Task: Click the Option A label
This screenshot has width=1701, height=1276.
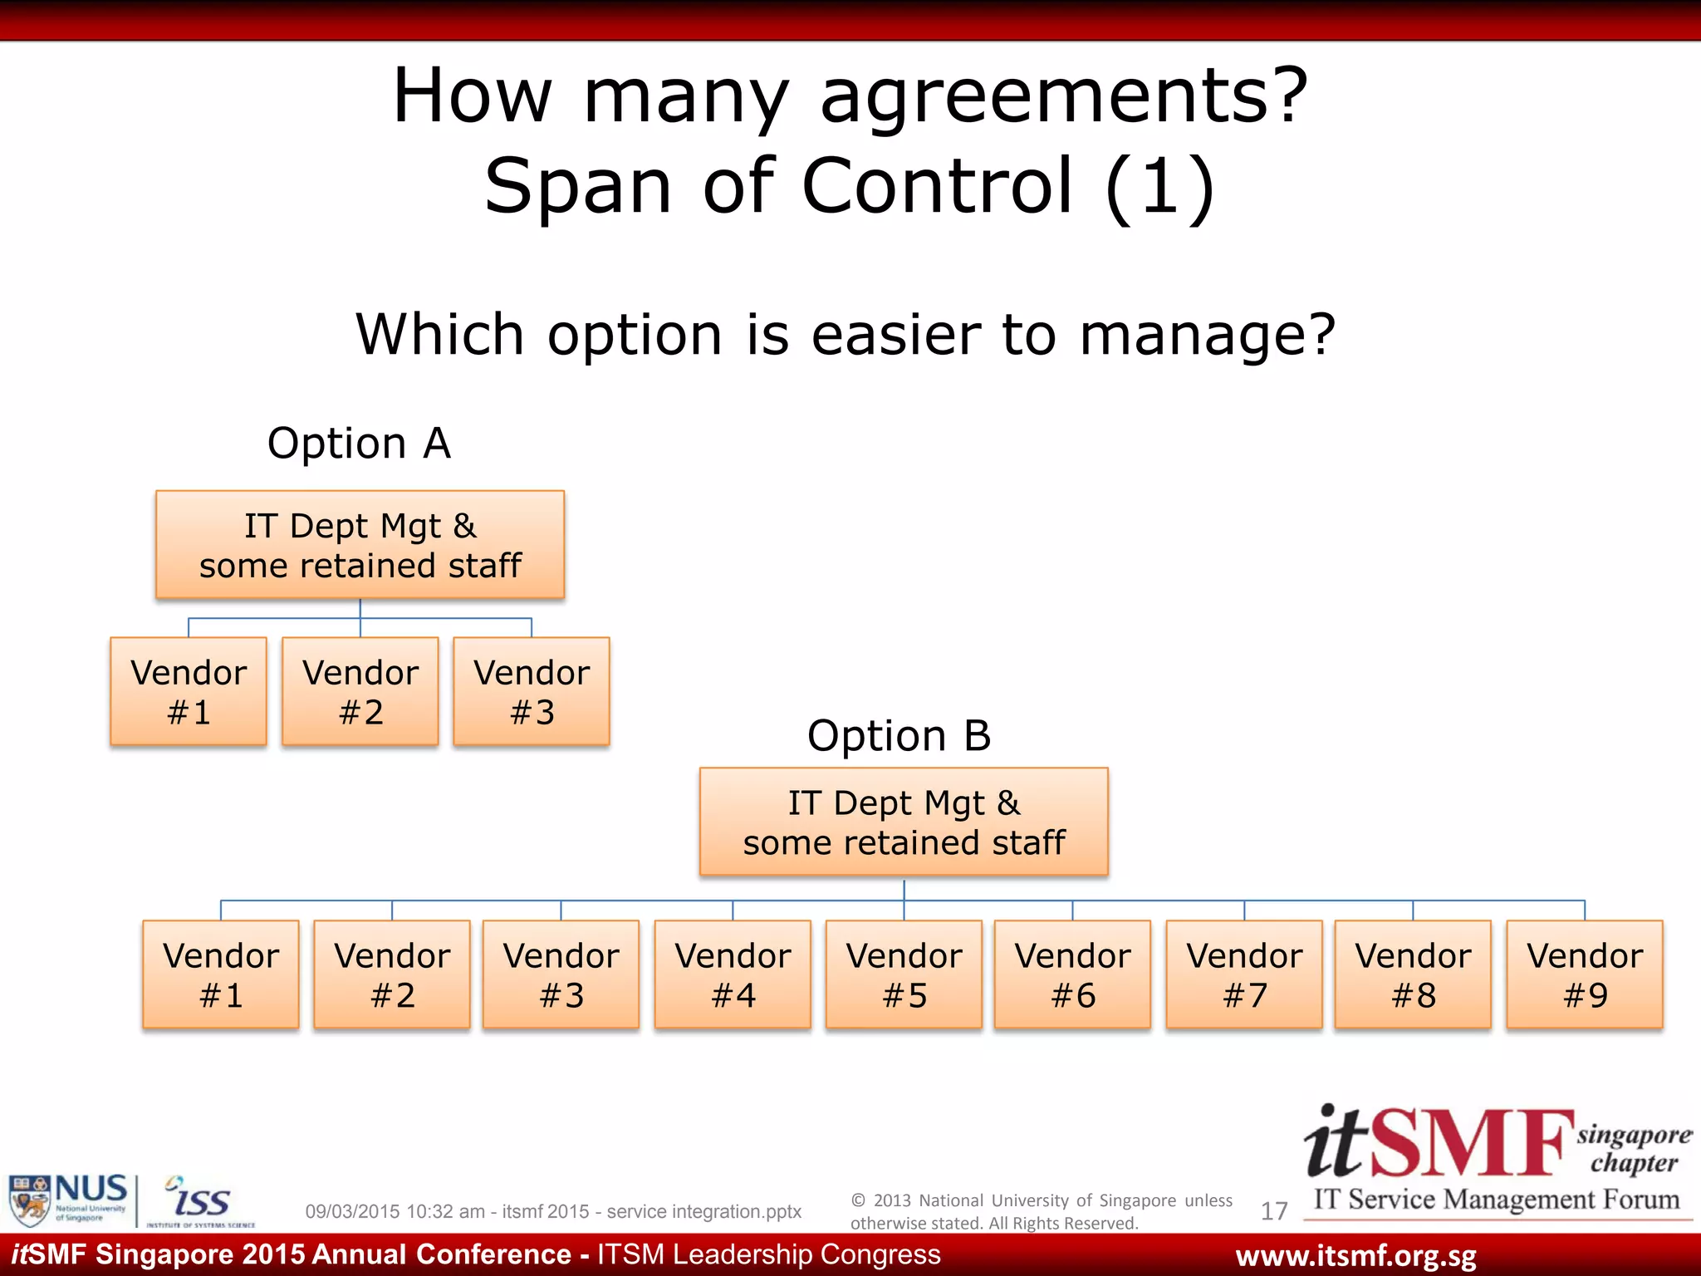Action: click(359, 443)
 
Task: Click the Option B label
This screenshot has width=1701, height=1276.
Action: click(900, 736)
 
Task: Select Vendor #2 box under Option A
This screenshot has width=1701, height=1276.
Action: click(360, 691)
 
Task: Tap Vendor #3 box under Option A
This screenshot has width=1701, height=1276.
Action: click(532, 691)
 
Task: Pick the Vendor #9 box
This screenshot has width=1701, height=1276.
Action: click(1585, 974)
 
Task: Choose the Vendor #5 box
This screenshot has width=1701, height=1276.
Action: click(904, 974)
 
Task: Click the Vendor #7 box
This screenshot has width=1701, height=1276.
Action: click(1244, 974)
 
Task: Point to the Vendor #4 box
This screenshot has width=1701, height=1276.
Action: click(733, 974)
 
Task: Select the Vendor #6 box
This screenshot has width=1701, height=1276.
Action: click(1072, 974)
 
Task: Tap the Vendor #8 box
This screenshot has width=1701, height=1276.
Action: click(1413, 974)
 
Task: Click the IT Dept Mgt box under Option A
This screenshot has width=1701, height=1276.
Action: click(360, 545)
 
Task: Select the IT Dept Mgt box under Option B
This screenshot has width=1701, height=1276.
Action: click(904, 822)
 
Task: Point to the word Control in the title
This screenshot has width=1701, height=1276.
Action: click(938, 186)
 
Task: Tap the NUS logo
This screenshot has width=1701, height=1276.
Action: click(68, 1199)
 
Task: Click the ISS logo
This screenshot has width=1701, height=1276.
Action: click(199, 1201)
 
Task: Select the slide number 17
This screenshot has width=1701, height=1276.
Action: click(1274, 1211)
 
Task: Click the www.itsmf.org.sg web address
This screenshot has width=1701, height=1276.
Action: click(1355, 1256)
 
